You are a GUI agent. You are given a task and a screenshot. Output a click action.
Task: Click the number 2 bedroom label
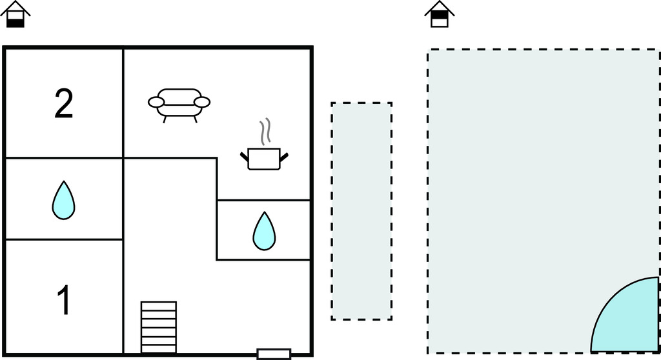(64, 104)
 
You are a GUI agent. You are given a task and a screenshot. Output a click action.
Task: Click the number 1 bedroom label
(64, 301)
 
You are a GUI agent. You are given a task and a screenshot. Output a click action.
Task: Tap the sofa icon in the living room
(179, 104)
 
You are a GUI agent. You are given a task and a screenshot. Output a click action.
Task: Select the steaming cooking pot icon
(264, 158)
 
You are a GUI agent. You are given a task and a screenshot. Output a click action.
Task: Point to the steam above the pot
(264, 132)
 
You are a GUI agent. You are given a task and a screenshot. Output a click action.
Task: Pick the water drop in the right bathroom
(263, 230)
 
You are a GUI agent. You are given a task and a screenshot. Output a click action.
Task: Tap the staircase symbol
(159, 326)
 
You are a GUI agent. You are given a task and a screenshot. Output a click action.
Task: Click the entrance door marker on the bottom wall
(274, 354)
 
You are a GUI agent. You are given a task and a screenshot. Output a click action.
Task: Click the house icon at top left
(15, 14)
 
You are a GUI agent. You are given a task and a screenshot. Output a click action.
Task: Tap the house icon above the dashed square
(440, 14)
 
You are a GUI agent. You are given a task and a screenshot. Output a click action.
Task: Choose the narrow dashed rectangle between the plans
(361, 211)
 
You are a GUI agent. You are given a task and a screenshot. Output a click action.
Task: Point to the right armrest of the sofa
(202, 102)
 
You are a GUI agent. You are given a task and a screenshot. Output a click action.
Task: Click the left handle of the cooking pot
(245, 155)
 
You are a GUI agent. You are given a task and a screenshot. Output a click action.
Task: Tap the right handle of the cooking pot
(283, 155)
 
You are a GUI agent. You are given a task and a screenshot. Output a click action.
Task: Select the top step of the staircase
(159, 305)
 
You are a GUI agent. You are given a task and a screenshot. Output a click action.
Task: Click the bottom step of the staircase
(159, 348)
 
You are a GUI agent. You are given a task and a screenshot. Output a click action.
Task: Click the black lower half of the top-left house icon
(15, 22)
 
